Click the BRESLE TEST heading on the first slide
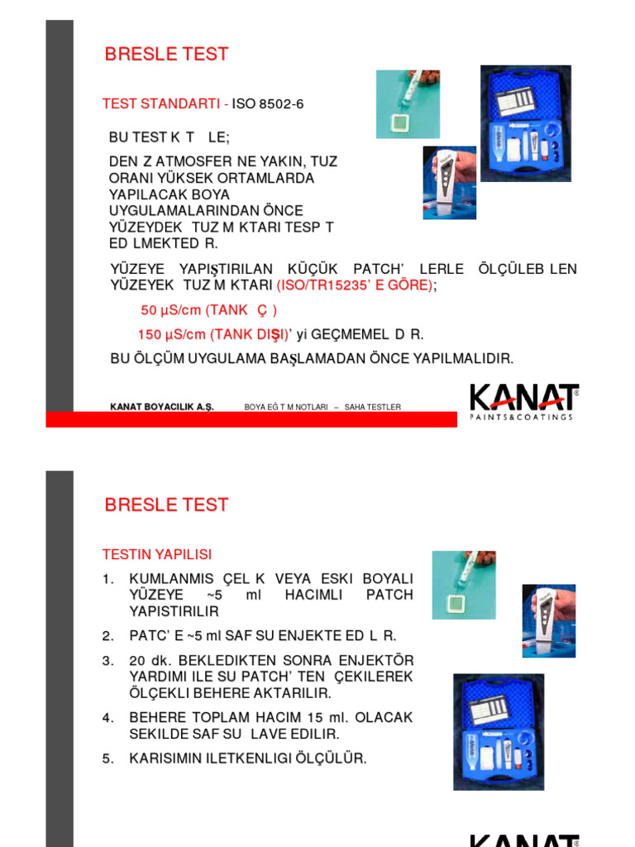click(x=166, y=55)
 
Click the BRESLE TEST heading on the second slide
click(x=166, y=505)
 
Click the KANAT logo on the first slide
click(x=523, y=401)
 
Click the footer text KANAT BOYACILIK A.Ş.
click(x=162, y=407)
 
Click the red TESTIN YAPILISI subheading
click(x=156, y=554)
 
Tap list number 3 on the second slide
click(x=107, y=661)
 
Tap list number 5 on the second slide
click(x=107, y=758)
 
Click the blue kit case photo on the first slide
click(x=526, y=123)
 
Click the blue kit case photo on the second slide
click(x=498, y=731)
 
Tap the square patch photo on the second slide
click(x=463, y=584)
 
